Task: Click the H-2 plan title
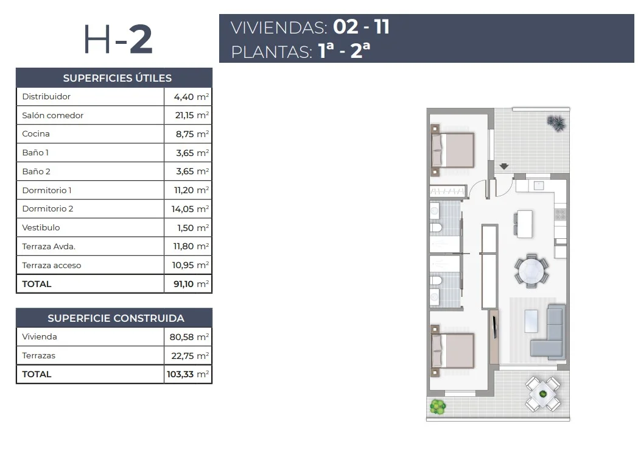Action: [118, 39]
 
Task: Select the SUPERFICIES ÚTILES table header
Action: [117, 78]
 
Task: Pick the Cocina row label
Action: [36, 133]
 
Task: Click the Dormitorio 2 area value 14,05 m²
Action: [190, 209]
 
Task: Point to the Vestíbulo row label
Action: [41, 227]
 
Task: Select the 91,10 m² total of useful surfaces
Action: [191, 284]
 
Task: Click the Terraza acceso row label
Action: [52, 265]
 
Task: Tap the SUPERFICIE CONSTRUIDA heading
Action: [116, 318]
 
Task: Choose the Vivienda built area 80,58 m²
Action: [189, 337]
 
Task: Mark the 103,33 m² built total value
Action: [188, 374]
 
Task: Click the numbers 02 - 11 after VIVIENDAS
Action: [362, 27]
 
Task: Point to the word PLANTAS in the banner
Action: [272, 52]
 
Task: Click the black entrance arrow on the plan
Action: [504, 166]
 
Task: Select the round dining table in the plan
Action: [531, 271]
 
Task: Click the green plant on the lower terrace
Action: [438, 407]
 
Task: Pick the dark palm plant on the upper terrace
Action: [556, 123]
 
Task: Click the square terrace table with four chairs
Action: [542, 394]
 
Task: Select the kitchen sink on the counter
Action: [539, 186]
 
